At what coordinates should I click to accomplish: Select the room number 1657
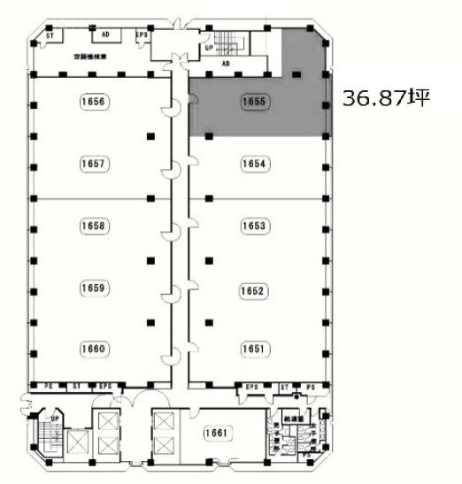click(x=93, y=164)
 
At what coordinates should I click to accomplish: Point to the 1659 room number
click(x=93, y=288)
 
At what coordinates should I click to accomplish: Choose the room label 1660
click(x=93, y=350)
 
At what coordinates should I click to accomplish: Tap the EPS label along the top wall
click(x=142, y=35)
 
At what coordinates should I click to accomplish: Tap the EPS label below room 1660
click(x=104, y=386)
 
